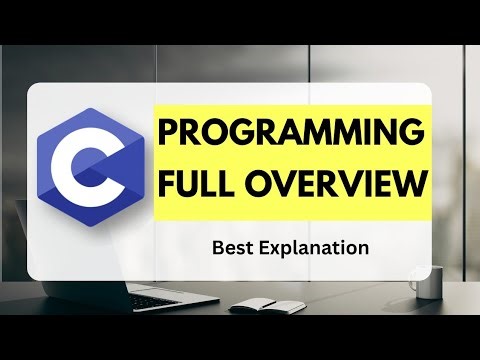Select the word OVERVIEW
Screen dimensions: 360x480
pyautogui.click(x=335, y=185)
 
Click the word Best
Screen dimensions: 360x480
pyautogui.click(x=233, y=245)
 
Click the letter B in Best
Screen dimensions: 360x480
pyautogui.click(x=216, y=245)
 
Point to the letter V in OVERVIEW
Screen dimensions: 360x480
pyautogui.click(x=292, y=185)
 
